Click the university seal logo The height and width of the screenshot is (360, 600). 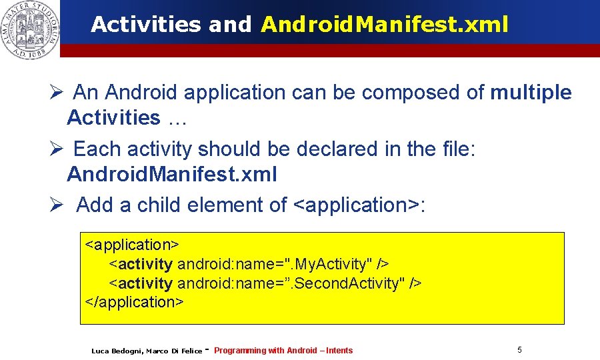click(x=30, y=30)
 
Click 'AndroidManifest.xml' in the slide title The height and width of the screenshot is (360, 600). click(x=385, y=25)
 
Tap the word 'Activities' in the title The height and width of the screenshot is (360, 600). click(x=145, y=25)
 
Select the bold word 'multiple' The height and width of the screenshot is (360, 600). click(x=531, y=93)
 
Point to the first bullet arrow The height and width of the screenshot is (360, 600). click(x=55, y=93)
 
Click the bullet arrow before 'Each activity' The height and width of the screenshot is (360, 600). click(x=55, y=149)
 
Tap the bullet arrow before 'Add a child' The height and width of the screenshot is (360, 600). click(x=55, y=205)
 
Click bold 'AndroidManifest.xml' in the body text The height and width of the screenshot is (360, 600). click(x=172, y=175)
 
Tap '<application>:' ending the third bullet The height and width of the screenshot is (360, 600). click(x=359, y=205)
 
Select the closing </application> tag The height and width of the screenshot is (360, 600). click(x=135, y=301)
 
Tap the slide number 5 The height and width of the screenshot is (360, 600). click(x=519, y=349)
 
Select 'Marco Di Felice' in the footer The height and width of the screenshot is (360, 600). click(x=174, y=351)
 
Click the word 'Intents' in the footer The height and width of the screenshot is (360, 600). click(x=339, y=351)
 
